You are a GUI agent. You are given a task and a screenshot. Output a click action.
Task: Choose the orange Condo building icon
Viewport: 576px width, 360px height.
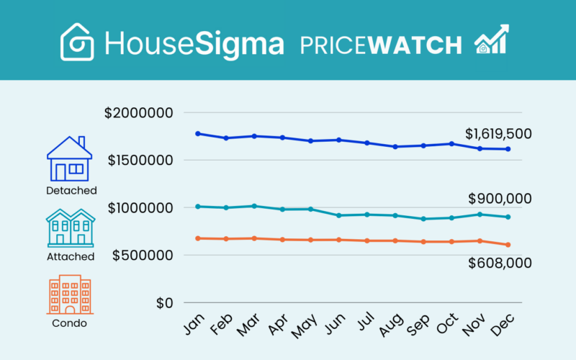pyautogui.click(x=70, y=294)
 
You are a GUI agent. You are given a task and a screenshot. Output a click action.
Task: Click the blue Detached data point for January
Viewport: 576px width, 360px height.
pyautogui.click(x=198, y=133)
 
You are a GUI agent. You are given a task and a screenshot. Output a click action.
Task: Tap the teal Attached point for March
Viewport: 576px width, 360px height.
pyautogui.click(x=254, y=206)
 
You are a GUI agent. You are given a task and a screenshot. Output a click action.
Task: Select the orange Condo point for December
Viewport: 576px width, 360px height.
pyautogui.click(x=508, y=245)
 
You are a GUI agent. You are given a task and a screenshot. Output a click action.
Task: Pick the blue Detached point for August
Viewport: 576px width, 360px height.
pyautogui.click(x=395, y=147)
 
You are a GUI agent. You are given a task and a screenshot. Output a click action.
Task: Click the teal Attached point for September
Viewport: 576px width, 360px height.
pyautogui.click(x=423, y=219)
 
